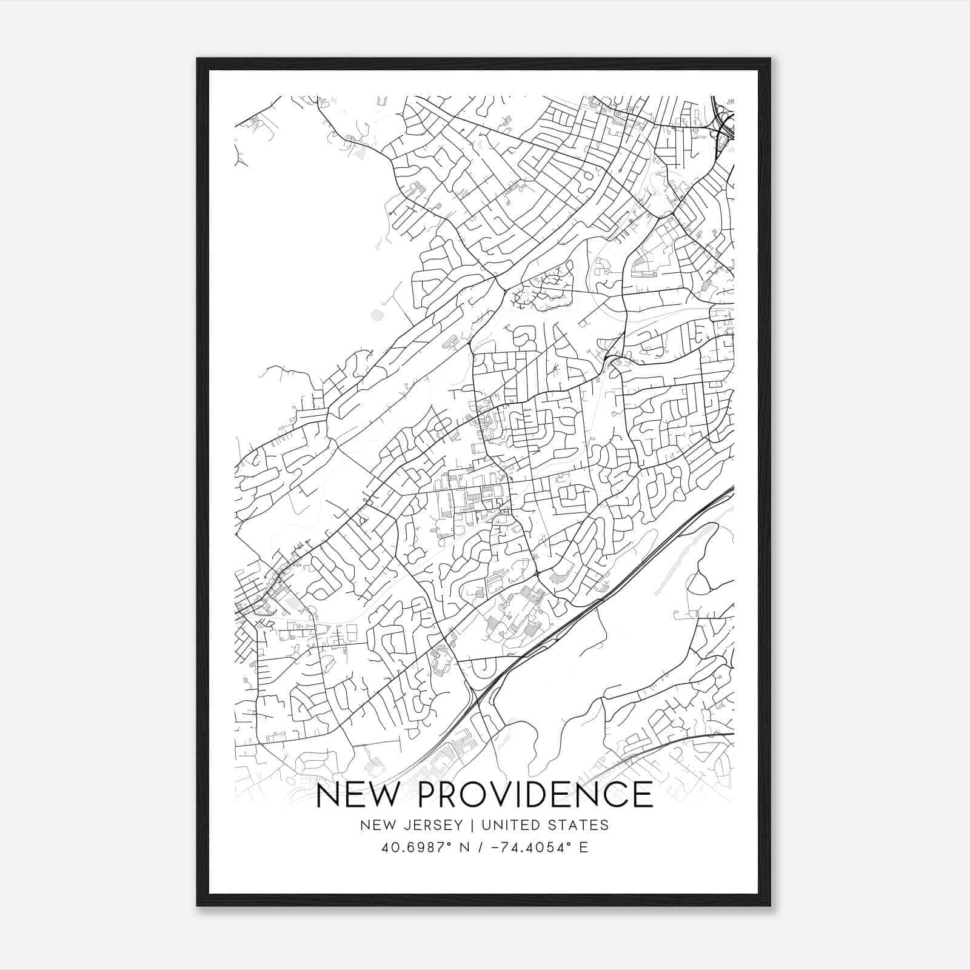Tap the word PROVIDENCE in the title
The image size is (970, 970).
[534, 795]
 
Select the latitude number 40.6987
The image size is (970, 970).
[409, 848]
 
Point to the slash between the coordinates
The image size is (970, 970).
[480, 848]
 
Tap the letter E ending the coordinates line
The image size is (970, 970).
[584, 848]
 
